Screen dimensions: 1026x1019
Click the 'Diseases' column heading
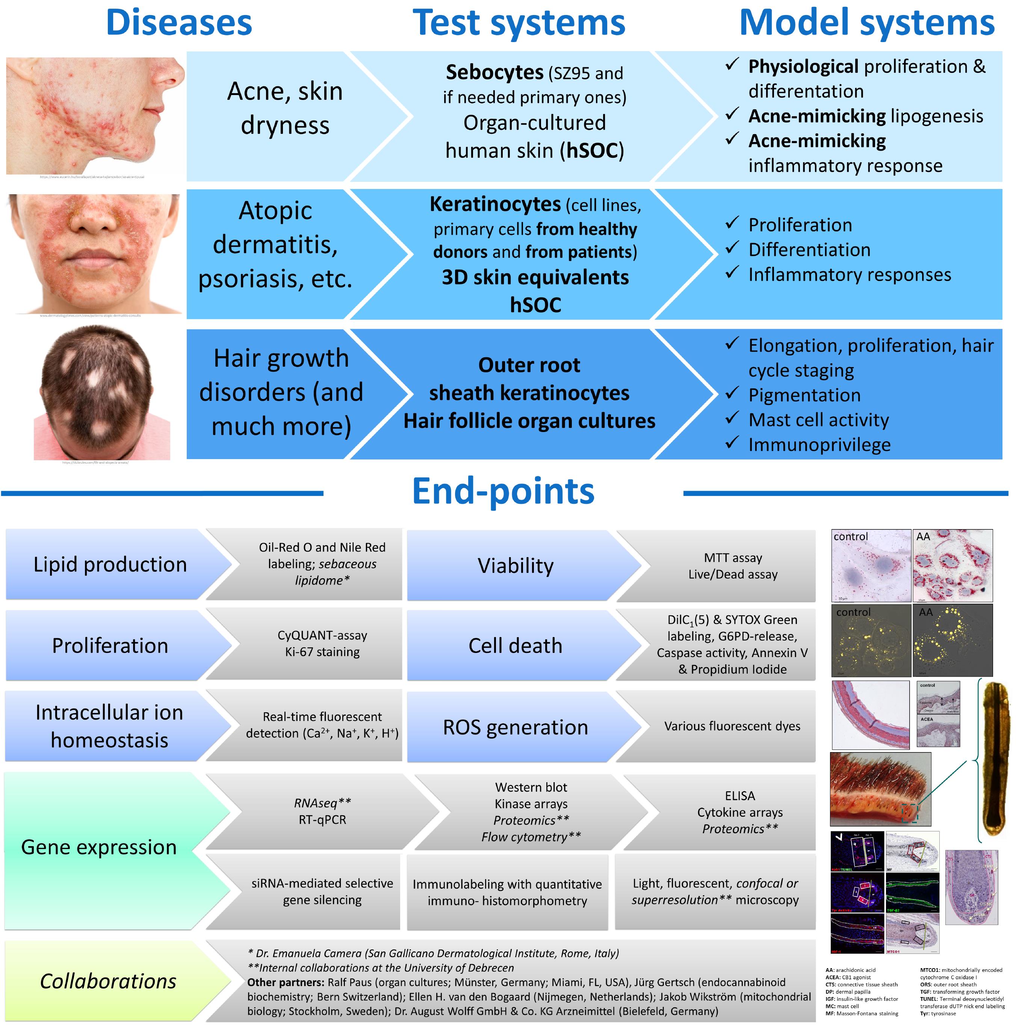[179, 23]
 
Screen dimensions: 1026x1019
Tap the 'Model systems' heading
[866, 23]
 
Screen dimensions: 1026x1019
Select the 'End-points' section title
[503, 491]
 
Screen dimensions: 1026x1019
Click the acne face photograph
[95, 116]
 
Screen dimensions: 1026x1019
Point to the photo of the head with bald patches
[102, 393]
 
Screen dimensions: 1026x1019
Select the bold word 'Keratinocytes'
[495, 204]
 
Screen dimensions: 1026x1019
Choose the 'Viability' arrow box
[515, 565]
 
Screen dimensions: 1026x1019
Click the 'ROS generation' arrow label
[515, 727]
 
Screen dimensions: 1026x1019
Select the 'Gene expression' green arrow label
[99, 847]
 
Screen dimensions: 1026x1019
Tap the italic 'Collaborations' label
[108, 981]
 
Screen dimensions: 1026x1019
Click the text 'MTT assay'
[733, 558]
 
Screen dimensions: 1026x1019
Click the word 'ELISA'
[740, 796]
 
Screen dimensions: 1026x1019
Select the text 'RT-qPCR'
[322, 819]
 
